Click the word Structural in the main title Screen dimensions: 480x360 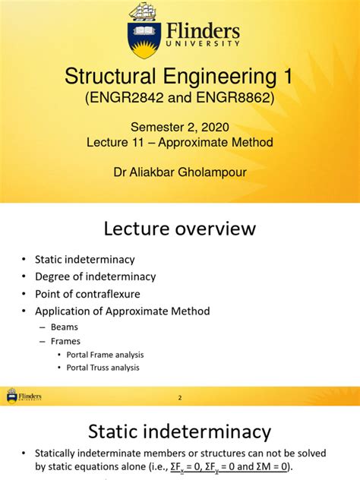tap(114, 77)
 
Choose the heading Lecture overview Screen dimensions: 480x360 tap(180, 229)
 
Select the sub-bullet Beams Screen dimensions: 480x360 tap(65, 327)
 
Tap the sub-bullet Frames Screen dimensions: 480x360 tap(66, 341)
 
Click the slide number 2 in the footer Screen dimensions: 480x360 tap(180, 397)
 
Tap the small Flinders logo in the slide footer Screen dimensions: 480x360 tap(24, 396)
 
